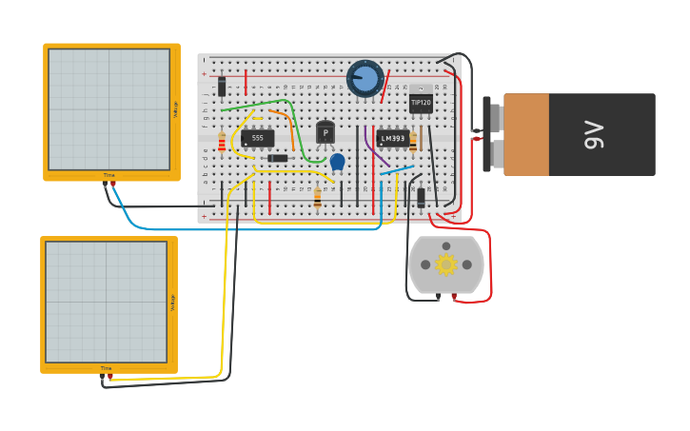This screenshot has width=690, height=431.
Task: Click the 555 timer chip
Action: click(x=257, y=138)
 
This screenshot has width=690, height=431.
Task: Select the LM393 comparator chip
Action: click(x=392, y=138)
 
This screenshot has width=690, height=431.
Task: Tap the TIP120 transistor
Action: click(x=420, y=102)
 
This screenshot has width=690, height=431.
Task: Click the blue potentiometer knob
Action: click(x=365, y=79)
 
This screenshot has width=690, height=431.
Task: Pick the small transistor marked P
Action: click(x=325, y=132)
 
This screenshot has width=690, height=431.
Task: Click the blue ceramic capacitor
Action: click(x=337, y=161)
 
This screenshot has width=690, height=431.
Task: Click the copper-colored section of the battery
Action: click(x=526, y=134)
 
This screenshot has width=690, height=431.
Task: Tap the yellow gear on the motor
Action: click(x=445, y=264)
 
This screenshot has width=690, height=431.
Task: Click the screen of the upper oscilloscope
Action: click(x=108, y=109)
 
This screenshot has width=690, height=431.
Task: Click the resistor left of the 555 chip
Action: click(x=222, y=143)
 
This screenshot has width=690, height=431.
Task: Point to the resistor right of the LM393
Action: click(x=413, y=141)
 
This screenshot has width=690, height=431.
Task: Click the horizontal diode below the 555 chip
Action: click(x=278, y=158)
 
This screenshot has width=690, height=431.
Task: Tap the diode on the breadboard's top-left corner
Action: click(x=222, y=87)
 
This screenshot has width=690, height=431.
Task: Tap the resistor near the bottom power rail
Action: click(x=317, y=198)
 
